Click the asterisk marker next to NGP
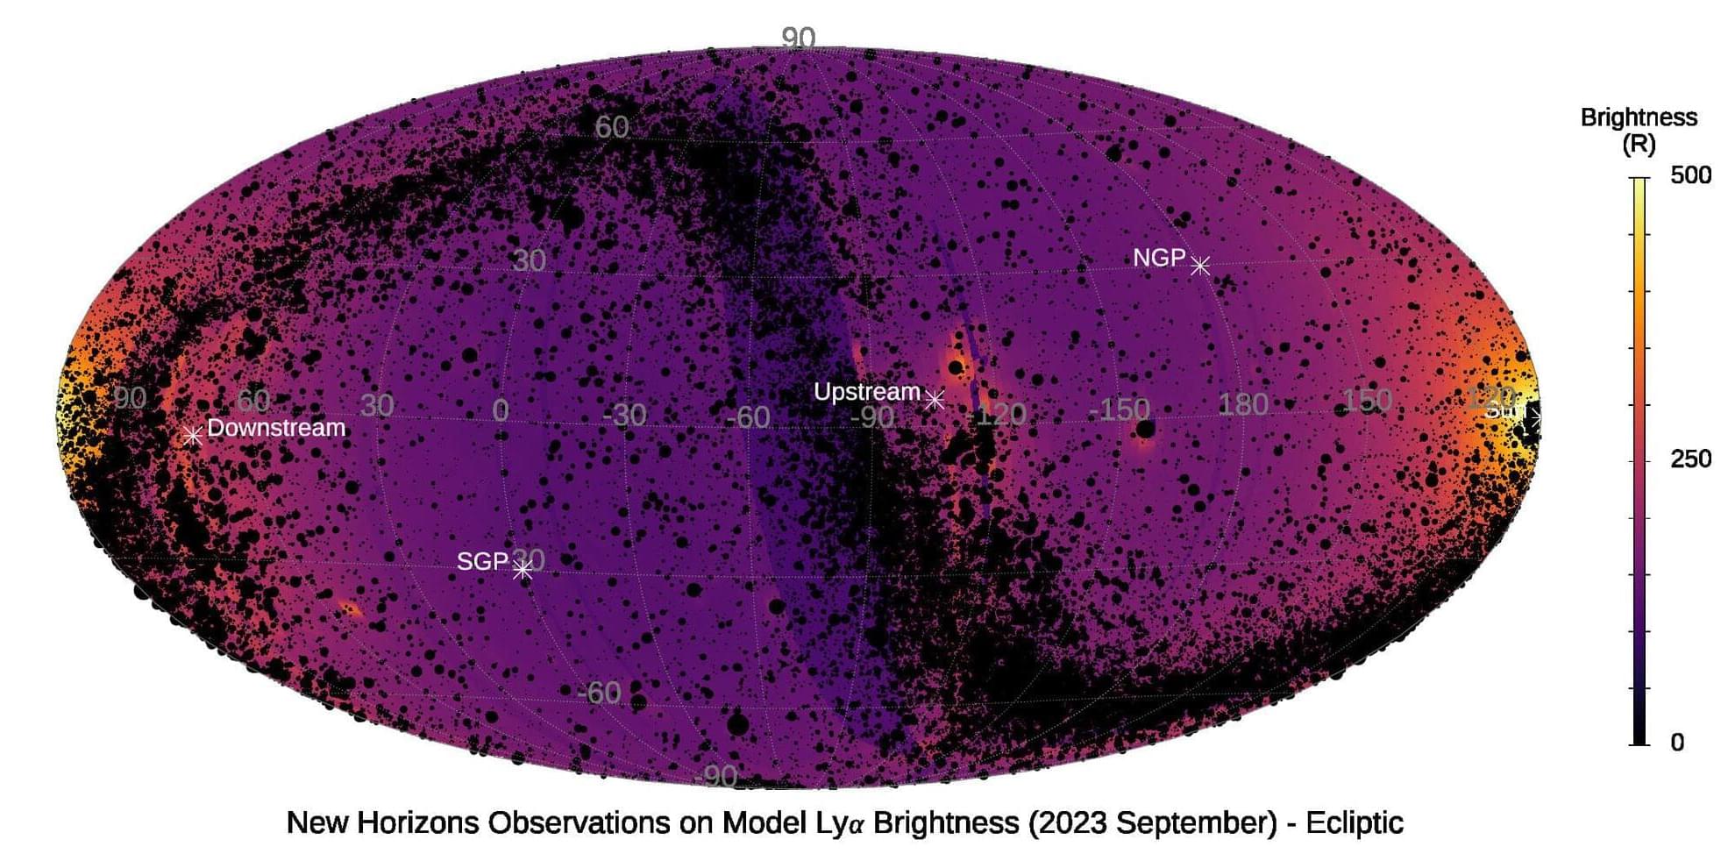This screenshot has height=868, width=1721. pos(1199,265)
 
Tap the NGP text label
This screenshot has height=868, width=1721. pos(1158,258)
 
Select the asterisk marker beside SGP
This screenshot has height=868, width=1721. pos(523,570)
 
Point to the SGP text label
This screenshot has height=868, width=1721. pos(482,561)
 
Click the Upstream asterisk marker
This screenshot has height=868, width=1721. pos(935,400)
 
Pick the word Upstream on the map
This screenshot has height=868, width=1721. pos(866,392)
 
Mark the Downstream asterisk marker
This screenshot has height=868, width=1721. pos(193,435)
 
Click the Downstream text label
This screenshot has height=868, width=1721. pos(276,428)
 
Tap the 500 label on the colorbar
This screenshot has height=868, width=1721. pos(1689,175)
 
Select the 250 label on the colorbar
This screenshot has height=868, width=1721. pos(1689,459)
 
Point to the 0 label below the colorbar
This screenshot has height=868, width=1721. pos(1677,743)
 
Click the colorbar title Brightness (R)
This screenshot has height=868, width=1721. pos(1638,130)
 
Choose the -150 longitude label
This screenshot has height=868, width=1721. pos(1119,409)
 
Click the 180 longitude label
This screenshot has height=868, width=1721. pos(1243,404)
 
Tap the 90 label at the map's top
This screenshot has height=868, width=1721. pos(798,38)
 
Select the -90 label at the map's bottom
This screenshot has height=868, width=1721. pos(715,777)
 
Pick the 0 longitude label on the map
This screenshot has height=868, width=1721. pos(501,409)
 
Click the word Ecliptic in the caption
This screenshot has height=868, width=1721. pos(1354,823)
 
